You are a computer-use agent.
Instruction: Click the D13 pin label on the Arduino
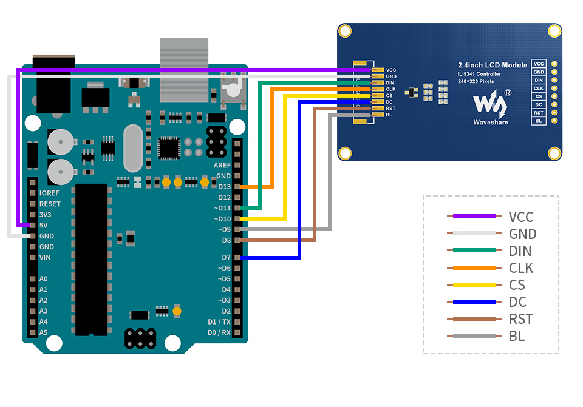pyautogui.click(x=224, y=187)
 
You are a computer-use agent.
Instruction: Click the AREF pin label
pyautogui.click(x=222, y=165)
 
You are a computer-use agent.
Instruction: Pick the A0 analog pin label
pyautogui.click(x=43, y=279)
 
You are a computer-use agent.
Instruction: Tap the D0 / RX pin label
pyautogui.click(x=219, y=332)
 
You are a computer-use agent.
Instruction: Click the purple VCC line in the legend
pyautogui.click(x=471, y=216)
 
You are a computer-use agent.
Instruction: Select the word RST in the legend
pyautogui.click(x=521, y=319)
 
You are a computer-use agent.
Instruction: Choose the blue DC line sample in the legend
pyautogui.click(x=471, y=302)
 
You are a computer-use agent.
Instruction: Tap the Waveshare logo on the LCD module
pyautogui.click(x=491, y=105)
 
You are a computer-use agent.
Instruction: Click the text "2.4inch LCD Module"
pyautogui.click(x=493, y=65)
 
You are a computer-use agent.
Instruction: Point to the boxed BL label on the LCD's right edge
pyautogui.click(x=539, y=121)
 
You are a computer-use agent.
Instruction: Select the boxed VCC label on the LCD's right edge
pyautogui.click(x=539, y=64)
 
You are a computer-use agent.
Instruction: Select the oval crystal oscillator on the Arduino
pyautogui.click(x=132, y=148)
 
